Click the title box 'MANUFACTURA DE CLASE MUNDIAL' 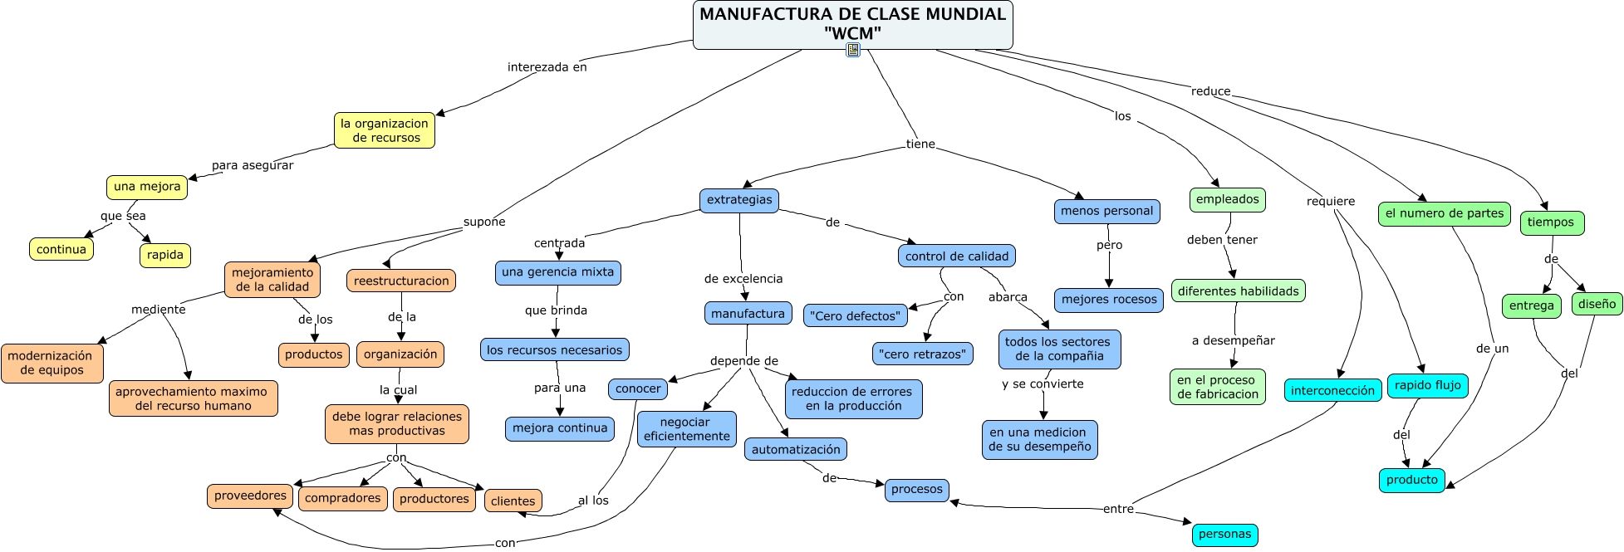click(x=852, y=24)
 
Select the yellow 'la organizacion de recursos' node click(x=385, y=130)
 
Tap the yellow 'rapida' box click(x=164, y=255)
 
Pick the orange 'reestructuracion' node click(x=401, y=281)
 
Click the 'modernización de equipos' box click(x=52, y=363)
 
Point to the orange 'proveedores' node click(x=250, y=496)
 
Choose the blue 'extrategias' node click(x=739, y=200)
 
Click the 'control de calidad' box click(x=957, y=256)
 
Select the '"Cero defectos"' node click(x=856, y=315)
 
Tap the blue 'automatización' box click(x=796, y=449)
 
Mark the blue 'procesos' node click(x=916, y=490)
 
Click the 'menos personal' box click(x=1106, y=211)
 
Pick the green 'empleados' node click(x=1228, y=199)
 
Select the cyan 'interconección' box click(x=1332, y=390)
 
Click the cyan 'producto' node click(x=1411, y=480)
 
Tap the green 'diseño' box click(x=1597, y=304)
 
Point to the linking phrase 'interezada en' click(x=547, y=67)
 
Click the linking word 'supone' click(x=484, y=222)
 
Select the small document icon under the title click(x=853, y=50)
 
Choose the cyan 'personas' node click(x=1224, y=535)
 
